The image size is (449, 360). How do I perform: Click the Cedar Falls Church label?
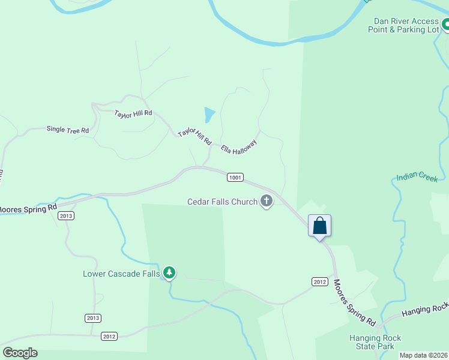tap(222, 202)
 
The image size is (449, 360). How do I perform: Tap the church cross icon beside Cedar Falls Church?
tap(266, 202)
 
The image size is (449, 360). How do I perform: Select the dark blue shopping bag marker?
tap(320, 226)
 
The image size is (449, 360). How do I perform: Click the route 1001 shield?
tap(235, 177)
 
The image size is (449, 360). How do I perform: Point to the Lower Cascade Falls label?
tap(121, 274)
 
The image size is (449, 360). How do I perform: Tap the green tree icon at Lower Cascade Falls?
tap(170, 274)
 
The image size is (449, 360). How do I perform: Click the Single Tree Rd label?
tap(68, 130)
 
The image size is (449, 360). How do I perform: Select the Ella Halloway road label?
tap(239, 147)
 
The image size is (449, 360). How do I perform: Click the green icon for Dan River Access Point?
tap(445, 25)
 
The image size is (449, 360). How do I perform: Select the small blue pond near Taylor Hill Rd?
tap(209, 115)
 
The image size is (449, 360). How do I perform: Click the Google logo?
tap(20, 353)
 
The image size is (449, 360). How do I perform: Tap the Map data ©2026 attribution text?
tap(423, 355)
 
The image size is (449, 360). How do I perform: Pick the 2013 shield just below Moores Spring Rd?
tap(65, 216)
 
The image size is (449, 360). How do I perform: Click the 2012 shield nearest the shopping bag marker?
tap(319, 281)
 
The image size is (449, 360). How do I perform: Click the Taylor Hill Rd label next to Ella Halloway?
tap(194, 136)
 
